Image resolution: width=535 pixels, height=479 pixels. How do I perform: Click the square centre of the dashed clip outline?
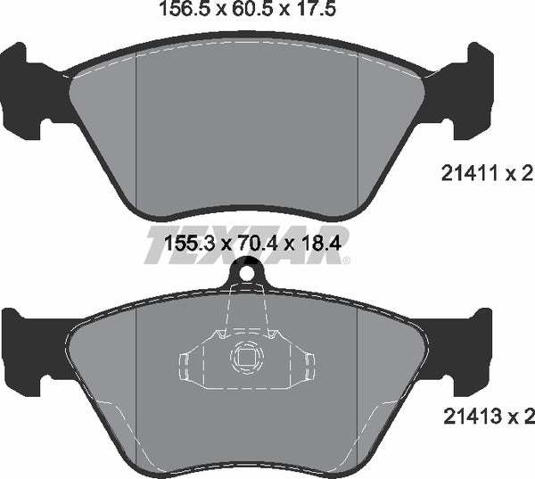pyautogui.click(x=245, y=359)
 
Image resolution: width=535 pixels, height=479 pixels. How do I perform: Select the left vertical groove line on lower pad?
pyautogui.click(x=135, y=375)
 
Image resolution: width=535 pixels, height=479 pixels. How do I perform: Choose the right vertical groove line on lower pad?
pyautogui.click(x=358, y=375)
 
